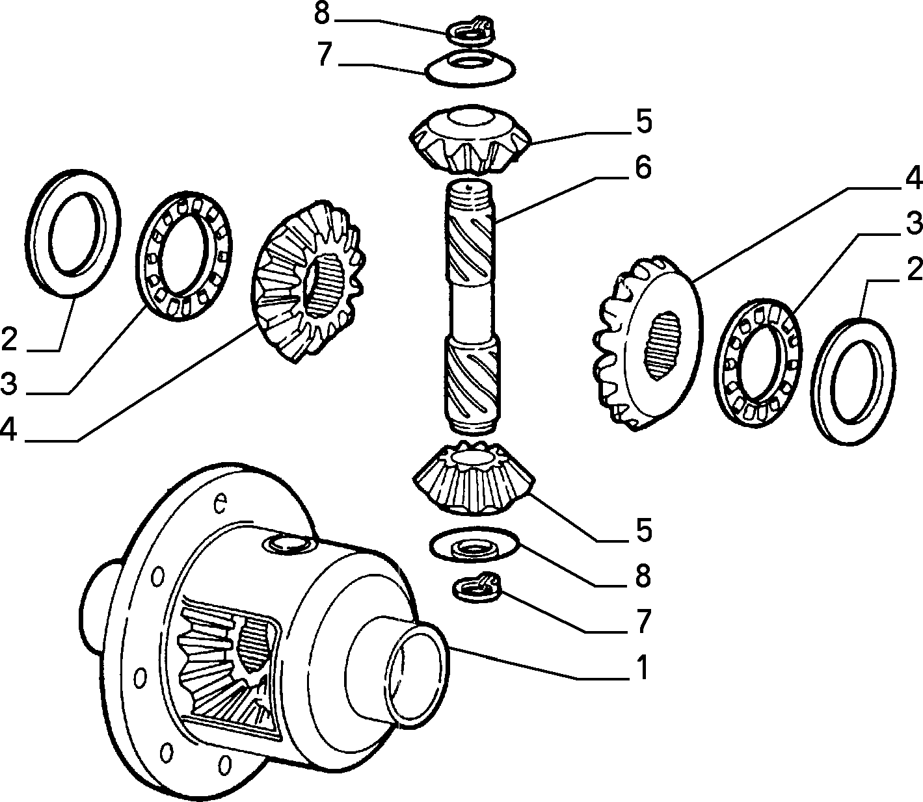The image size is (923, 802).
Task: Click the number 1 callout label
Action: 643,667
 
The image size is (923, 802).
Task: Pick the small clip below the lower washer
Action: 476,587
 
